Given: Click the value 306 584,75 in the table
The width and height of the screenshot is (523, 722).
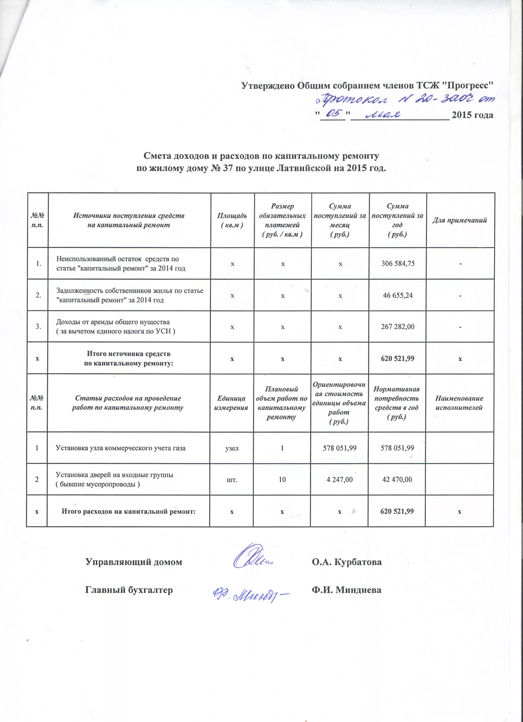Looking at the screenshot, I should (398, 264).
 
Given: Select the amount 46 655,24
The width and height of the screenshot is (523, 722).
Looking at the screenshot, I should (398, 295).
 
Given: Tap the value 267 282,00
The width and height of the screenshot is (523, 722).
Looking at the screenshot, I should (398, 327).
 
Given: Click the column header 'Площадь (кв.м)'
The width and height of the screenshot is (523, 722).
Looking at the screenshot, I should (232, 220).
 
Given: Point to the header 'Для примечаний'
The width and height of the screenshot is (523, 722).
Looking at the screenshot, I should (459, 220).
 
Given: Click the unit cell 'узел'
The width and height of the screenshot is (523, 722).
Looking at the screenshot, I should (232, 448).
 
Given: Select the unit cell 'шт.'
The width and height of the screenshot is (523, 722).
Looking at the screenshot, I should (232, 479).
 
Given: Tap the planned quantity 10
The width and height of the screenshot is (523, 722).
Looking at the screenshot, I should (282, 479).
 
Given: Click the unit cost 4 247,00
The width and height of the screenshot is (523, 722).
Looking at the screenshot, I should (340, 479).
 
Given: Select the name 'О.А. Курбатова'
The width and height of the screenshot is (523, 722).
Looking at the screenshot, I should (346, 562).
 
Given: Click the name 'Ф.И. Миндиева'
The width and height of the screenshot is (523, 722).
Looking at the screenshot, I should (346, 590).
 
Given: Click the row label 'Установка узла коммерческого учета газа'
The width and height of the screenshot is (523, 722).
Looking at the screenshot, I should (120, 448).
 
